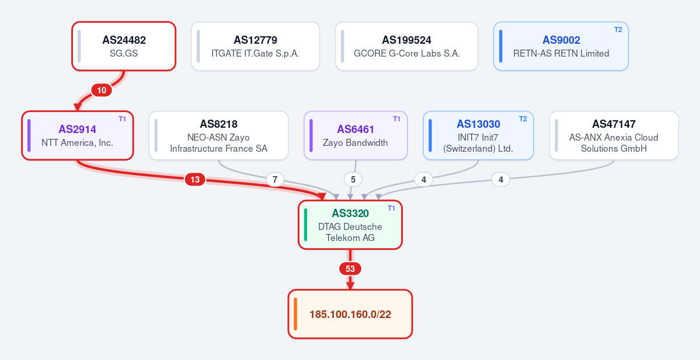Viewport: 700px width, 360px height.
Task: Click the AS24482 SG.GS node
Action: point(124,46)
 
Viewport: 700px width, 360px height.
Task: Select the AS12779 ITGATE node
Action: point(255,46)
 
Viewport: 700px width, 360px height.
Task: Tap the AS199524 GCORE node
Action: point(407,46)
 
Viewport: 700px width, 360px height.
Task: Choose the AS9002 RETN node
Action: point(561,46)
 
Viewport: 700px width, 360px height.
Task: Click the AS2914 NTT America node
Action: point(78,135)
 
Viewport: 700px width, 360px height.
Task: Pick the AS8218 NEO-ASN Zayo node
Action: point(219,135)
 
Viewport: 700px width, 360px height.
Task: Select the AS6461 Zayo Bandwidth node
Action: point(356,135)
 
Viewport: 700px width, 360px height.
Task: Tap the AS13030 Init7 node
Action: point(478,135)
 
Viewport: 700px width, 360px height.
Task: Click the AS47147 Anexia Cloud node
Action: point(614,135)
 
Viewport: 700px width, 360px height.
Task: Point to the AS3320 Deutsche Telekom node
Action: point(350,225)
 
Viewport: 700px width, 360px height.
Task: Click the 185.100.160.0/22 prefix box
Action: point(350,314)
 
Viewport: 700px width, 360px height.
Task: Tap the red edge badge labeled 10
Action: point(102,90)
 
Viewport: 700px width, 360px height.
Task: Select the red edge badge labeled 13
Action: point(195,180)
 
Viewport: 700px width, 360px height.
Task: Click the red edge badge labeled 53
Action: point(350,269)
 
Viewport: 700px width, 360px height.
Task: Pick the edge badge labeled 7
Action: point(275,180)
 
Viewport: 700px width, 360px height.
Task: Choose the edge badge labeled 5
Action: point(353,180)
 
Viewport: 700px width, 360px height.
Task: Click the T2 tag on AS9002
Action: point(618,30)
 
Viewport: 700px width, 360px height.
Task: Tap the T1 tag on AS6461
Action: point(397,119)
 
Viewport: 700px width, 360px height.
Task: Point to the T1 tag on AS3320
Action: point(392,208)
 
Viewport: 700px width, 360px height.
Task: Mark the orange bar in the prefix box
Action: point(295,314)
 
